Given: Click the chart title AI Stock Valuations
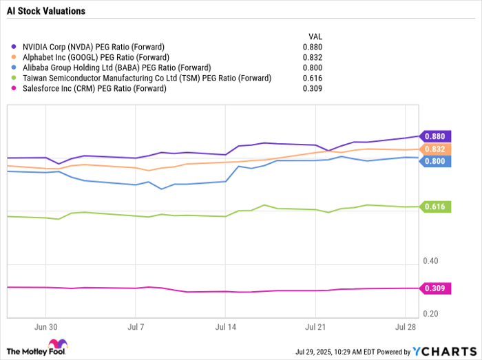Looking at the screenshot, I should pyautogui.click(x=45, y=11).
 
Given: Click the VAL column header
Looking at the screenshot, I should pyautogui.click(x=313, y=36).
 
